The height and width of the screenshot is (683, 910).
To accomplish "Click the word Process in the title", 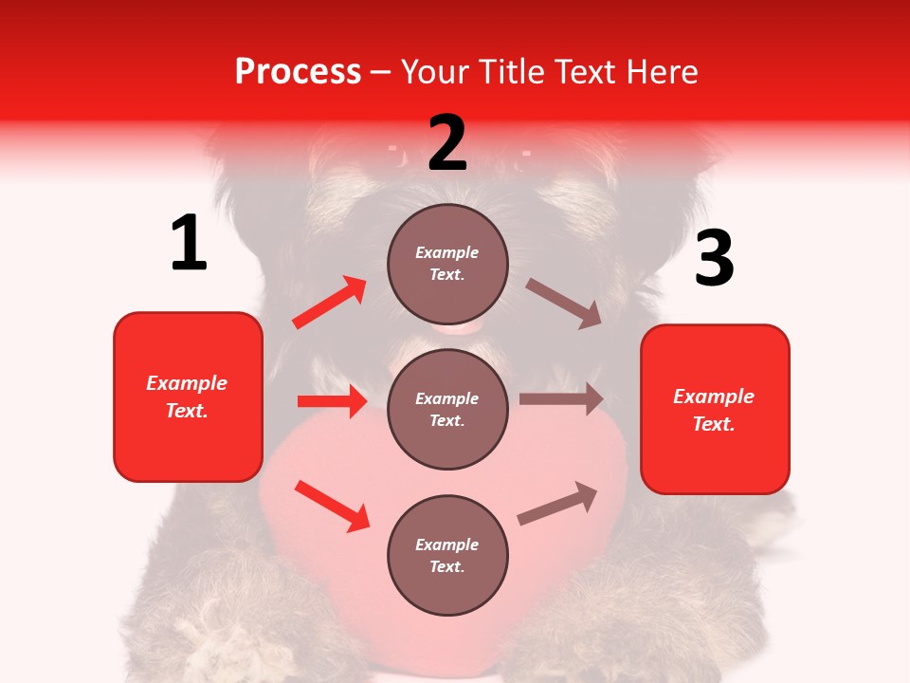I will point(298,72).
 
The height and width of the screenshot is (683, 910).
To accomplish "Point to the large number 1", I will point(189,244).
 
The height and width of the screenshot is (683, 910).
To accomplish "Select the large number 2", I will point(447,143).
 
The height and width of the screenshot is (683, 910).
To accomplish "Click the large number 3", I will point(714,259).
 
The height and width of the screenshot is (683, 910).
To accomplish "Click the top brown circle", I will point(447,264).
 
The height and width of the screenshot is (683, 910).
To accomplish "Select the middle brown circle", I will point(447,409).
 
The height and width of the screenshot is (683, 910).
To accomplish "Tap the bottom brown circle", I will point(447,555).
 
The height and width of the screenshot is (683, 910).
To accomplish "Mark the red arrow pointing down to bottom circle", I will point(332,506).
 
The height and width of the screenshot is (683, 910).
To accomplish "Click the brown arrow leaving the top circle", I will point(564,303).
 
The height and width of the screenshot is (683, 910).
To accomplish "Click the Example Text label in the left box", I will point(187,397).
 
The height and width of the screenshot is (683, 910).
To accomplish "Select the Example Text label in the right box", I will point(714,410).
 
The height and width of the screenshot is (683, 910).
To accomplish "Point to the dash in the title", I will point(381,73).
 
